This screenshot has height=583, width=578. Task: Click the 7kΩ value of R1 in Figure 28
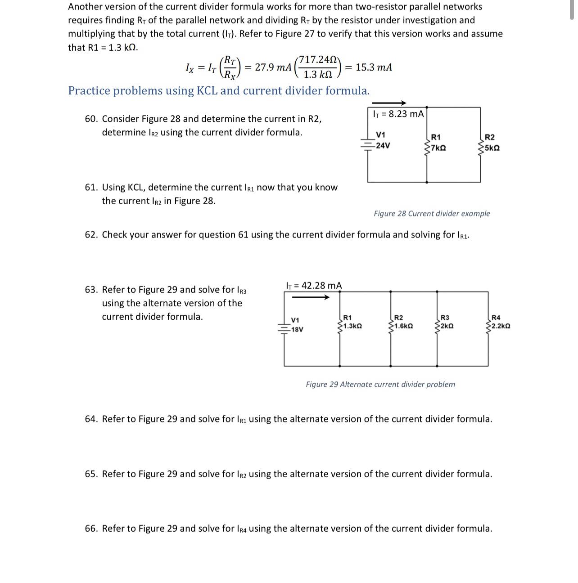coord(439,148)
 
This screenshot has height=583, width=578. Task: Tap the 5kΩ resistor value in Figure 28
coord(492,148)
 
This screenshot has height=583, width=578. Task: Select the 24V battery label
coord(383,145)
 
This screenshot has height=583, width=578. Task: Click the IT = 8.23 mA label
coord(398,114)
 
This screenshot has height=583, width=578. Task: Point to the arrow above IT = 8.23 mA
coord(389,103)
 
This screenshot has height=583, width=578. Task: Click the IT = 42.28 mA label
coord(314,286)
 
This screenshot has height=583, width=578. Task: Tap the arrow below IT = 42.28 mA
coord(311,297)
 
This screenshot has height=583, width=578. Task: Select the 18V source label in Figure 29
coord(297,329)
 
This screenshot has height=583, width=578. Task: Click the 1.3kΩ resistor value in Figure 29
coord(352,326)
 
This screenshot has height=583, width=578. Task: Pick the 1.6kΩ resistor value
coord(402,326)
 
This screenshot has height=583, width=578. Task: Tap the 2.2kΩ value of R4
coord(501,326)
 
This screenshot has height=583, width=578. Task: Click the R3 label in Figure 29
coord(444,318)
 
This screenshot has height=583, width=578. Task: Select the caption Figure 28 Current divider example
coord(432,214)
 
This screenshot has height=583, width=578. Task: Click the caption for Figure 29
coord(380,384)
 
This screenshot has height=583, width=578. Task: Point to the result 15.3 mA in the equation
coord(374,67)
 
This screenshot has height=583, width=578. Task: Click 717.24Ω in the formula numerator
coord(318,60)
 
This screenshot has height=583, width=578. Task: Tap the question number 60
coord(91,119)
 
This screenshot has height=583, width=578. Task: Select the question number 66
coord(91,528)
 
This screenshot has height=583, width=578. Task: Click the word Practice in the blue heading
coord(89,91)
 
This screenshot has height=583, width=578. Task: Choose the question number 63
coord(91,290)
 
